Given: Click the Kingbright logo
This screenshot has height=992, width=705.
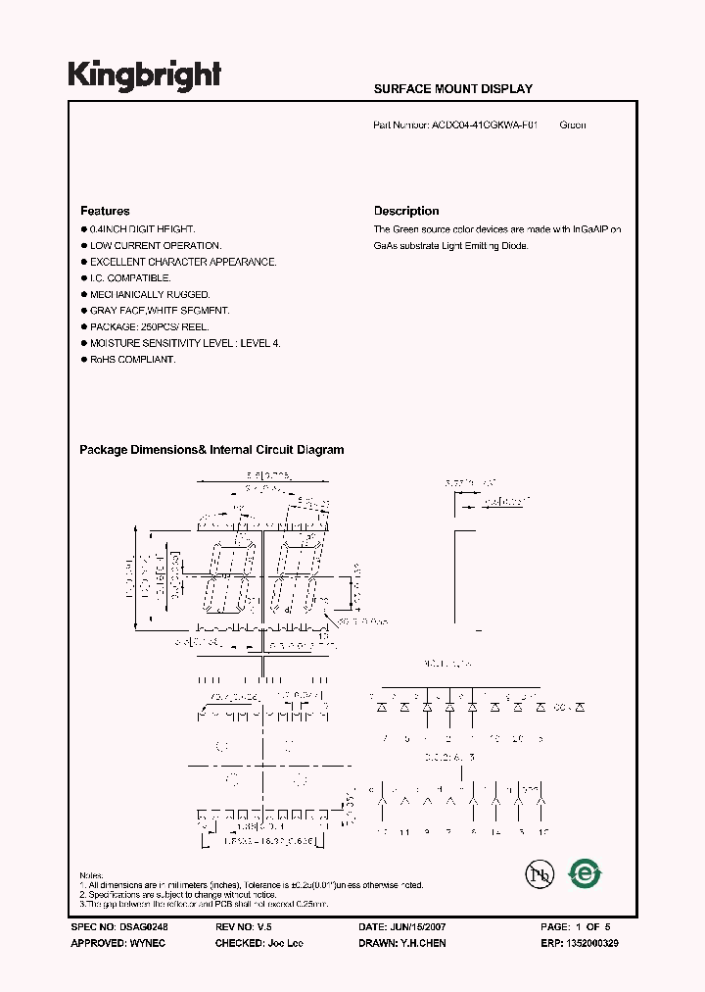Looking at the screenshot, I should [144, 74].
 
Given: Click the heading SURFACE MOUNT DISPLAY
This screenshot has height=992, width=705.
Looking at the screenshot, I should [453, 89].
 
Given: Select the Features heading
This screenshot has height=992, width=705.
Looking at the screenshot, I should [105, 211].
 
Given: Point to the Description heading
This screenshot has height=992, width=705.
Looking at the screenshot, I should [406, 211].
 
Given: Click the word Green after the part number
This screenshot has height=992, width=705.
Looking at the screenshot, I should [573, 125].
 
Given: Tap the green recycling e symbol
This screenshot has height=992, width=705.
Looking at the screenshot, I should [585, 873].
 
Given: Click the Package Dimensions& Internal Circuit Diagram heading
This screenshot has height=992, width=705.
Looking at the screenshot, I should [211, 450].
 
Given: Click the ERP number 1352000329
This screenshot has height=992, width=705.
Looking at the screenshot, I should [588, 943].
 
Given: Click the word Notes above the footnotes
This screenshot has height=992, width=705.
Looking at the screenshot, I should [91, 875].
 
